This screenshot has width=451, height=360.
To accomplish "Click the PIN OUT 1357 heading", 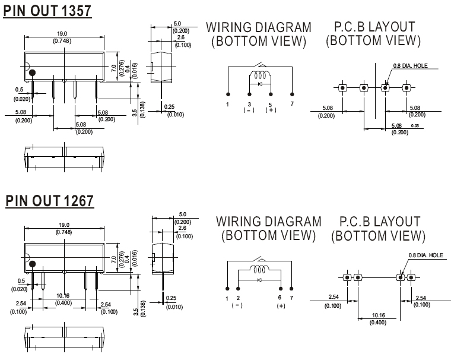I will pyautogui.click(x=47, y=11).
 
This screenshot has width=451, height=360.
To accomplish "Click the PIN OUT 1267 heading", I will pyautogui.click(x=49, y=201).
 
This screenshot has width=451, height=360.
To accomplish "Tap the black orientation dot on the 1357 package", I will pyautogui.click(x=33, y=72).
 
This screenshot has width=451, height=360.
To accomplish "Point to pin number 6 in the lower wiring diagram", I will pyautogui.click(x=280, y=297).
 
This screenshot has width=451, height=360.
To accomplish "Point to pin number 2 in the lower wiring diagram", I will pyautogui.click(x=238, y=297).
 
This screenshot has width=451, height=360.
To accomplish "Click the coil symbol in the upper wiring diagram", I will pyautogui.click(x=259, y=75).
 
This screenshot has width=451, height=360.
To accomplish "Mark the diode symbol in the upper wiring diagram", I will pyautogui.click(x=259, y=84).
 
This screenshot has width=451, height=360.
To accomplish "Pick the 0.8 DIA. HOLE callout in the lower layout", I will pyautogui.click(x=425, y=255).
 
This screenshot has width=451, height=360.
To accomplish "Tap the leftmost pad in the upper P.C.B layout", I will pyautogui.click(x=343, y=88).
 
